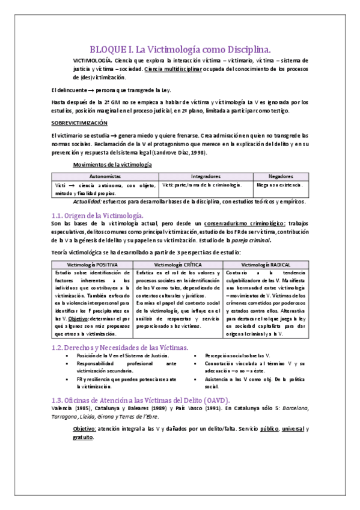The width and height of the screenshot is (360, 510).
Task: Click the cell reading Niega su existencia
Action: [x=279, y=185]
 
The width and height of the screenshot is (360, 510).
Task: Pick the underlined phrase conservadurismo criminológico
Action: [x=244, y=224]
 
